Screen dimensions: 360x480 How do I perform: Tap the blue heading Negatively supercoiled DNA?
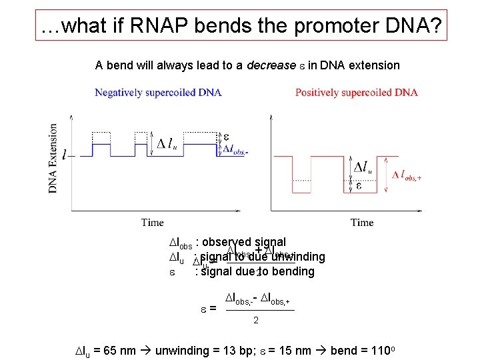[158, 93]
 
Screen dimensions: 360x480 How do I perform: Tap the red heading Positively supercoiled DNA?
[357, 93]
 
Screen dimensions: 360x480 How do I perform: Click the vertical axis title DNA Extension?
[53, 158]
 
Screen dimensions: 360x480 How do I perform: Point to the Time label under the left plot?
[153, 222]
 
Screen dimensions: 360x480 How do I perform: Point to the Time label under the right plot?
[362, 222]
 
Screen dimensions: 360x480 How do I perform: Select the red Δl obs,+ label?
[407, 175]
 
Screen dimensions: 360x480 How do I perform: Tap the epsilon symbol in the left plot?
[226, 136]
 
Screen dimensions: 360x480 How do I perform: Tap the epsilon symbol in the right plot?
[359, 185]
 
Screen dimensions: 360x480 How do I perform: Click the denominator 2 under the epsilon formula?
[256, 321]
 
